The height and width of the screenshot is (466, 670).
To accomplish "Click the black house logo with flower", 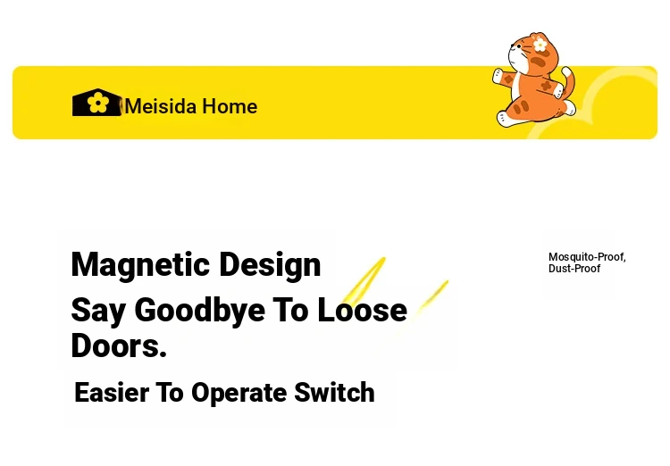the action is point(97,103).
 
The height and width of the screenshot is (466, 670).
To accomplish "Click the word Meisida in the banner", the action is point(160,106).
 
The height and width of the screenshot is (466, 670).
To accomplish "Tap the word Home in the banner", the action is point(230,106).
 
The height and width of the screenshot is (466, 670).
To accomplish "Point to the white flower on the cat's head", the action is point(540,45).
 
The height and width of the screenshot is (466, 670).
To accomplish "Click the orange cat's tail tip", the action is point(566,71).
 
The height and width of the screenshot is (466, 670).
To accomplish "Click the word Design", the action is point(270,266).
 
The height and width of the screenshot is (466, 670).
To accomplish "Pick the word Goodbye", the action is point(199,311).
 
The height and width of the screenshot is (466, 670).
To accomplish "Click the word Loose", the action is point(362,310).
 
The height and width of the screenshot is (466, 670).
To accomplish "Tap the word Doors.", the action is point(119,345).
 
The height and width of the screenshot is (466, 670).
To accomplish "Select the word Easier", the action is point(112,393).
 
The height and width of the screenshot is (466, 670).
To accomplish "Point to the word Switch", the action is point(334,392).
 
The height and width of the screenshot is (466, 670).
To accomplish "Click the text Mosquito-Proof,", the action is point(587,257).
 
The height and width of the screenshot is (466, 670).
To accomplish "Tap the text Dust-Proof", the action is point(574,269).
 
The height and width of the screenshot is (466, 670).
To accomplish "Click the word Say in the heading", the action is point(98,312).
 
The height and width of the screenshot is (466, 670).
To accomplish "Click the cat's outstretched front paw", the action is point(498,76).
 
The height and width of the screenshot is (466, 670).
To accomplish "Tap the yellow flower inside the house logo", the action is point(97,103).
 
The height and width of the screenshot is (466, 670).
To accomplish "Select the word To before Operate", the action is point(170,393).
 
